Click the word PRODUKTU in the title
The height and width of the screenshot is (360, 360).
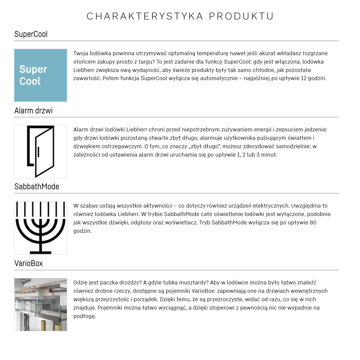[241, 16]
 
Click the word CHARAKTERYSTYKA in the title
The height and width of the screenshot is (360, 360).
[145, 16]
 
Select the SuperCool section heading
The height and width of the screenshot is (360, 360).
[31, 34]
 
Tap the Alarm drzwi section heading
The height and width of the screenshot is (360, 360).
[34, 111]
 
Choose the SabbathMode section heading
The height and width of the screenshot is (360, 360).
[37, 187]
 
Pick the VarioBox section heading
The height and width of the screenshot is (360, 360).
[28, 263]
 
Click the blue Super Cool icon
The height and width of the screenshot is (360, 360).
[40, 75]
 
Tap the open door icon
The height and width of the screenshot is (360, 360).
[40, 151]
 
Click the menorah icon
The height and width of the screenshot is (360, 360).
[40, 228]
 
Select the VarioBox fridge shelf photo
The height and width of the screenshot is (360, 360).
[40, 304]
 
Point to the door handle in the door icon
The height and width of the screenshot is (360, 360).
[38, 152]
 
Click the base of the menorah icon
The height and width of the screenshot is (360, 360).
[40, 251]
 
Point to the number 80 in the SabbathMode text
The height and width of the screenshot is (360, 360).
[313, 223]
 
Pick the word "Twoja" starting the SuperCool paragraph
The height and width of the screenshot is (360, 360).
[81, 53]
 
